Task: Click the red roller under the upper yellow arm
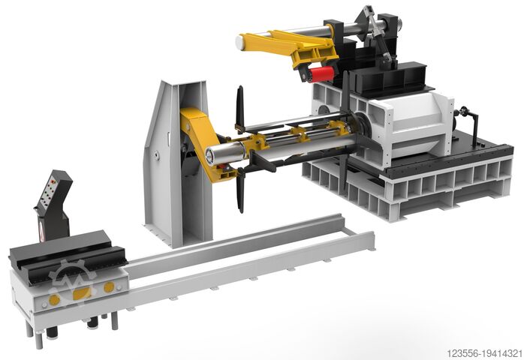tap(321, 73)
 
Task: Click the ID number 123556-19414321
tap(484, 353)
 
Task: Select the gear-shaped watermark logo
tap(72, 283)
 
